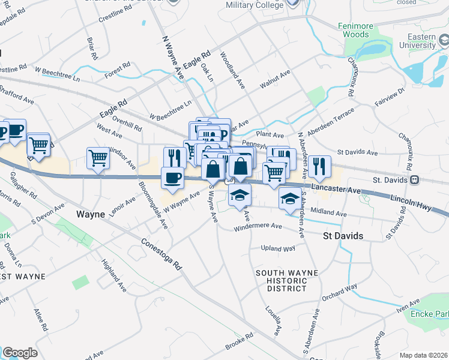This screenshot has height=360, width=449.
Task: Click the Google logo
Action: tap(20, 353)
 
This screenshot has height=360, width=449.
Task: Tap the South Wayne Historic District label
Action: tap(286, 281)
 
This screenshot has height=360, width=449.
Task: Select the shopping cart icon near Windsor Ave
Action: tap(98, 158)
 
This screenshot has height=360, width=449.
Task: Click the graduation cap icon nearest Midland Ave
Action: tap(290, 197)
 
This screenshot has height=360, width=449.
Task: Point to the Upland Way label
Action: tap(278, 248)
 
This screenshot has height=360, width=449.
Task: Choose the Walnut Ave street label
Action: tap(275, 80)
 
